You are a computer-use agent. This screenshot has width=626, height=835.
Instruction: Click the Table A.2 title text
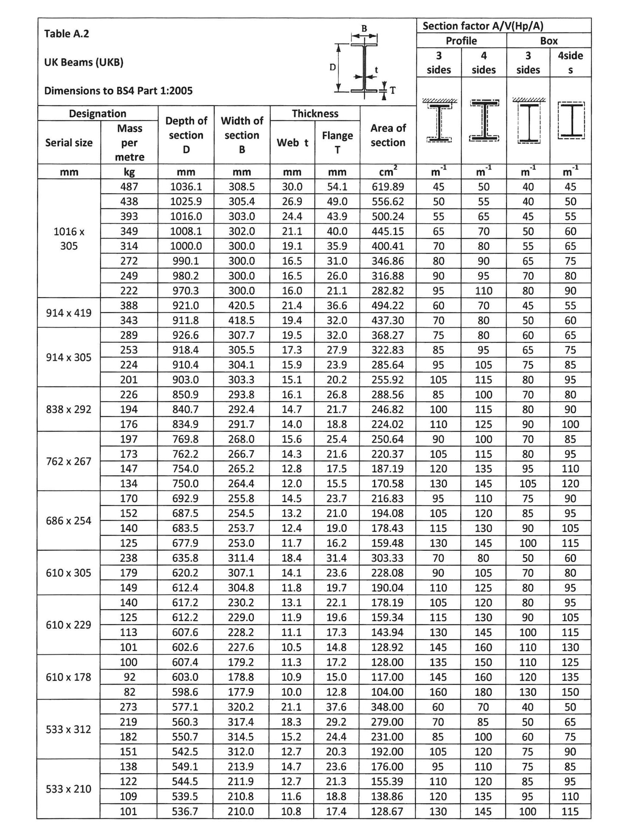(x=67, y=34)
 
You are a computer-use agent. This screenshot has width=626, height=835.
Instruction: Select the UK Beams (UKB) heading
(x=84, y=62)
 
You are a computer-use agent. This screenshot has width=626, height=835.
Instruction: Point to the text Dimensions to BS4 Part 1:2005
(x=118, y=91)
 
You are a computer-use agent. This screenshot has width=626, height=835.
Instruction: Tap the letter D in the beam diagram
(x=333, y=67)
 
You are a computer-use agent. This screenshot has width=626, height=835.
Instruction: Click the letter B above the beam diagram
(x=364, y=28)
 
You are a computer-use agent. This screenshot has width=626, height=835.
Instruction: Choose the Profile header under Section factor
(x=461, y=41)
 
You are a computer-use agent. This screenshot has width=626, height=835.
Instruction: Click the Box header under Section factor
(x=549, y=41)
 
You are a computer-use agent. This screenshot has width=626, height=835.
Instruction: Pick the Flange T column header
(x=337, y=142)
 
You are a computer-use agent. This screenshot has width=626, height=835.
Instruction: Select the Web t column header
(x=292, y=143)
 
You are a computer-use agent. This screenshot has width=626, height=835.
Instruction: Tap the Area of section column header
(x=388, y=135)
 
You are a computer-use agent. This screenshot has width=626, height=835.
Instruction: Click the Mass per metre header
(x=130, y=143)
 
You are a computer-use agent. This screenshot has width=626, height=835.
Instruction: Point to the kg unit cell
(x=130, y=172)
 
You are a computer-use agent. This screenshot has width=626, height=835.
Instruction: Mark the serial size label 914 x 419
(x=69, y=312)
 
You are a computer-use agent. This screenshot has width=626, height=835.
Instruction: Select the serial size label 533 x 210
(x=69, y=789)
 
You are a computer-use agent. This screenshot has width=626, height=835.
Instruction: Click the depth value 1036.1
(x=186, y=187)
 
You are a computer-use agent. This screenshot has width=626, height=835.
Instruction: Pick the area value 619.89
(x=388, y=187)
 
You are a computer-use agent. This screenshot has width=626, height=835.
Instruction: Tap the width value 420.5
(x=242, y=305)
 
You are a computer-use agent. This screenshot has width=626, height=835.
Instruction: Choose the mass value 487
(x=129, y=187)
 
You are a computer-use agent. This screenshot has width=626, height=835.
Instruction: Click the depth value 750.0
(x=185, y=483)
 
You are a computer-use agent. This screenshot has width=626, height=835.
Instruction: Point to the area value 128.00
(x=387, y=662)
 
